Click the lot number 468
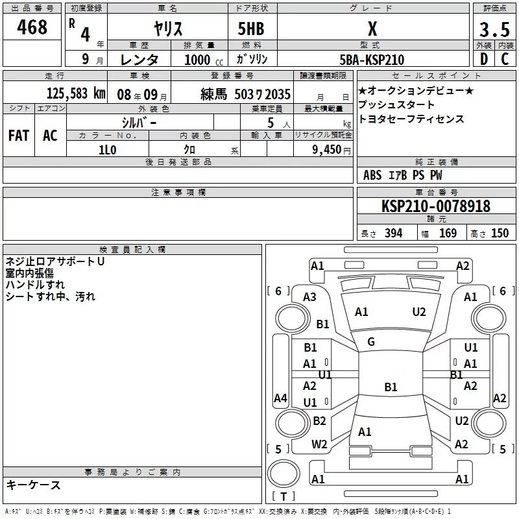[x=32, y=27]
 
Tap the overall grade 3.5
[x=494, y=29]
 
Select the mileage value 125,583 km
[x=76, y=93]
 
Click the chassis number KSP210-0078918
[x=436, y=206]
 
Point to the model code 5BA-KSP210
[x=372, y=60]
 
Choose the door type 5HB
[x=251, y=29]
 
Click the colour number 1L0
[x=108, y=150]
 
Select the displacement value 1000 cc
[x=204, y=60]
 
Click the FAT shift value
[x=19, y=136]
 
